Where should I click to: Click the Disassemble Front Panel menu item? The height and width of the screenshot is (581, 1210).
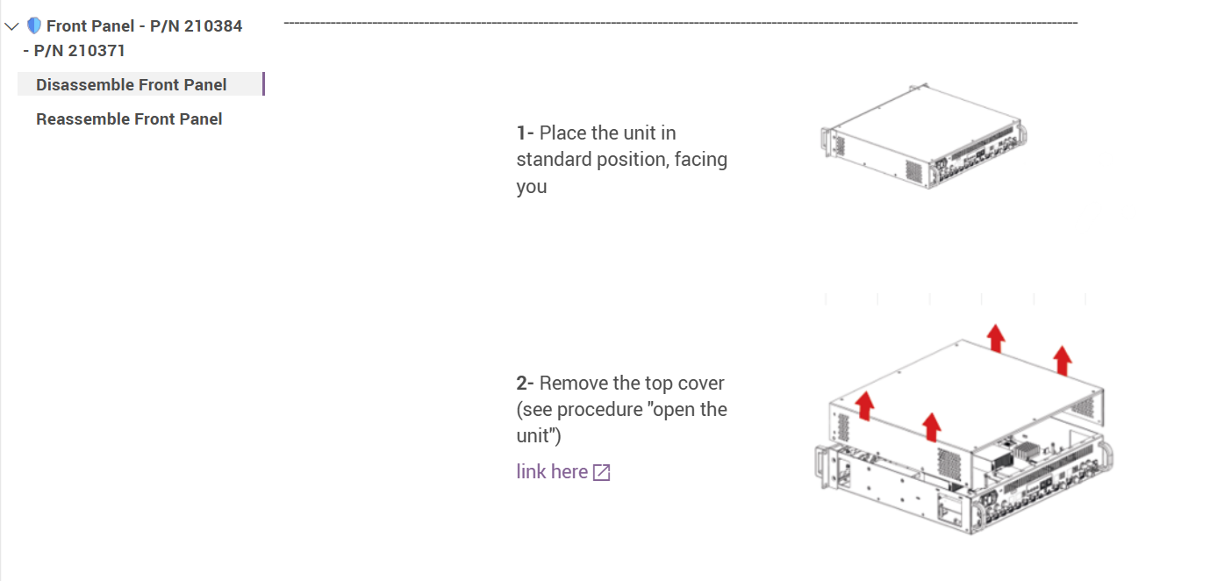(x=132, y=85)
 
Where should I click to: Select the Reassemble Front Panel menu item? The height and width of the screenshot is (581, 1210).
(x=129, y=118)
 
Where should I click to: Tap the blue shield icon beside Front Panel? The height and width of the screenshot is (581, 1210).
(x=34, y=25)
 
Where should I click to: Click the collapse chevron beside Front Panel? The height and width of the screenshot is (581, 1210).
(x=12, y=26)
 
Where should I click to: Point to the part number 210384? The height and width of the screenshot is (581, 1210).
(x=213, y=26)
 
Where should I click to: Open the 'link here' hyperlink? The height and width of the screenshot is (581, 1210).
(x=552, y=472)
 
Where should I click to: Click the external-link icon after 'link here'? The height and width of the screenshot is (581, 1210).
(x=601, y=472)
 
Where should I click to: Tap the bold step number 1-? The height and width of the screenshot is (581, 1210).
(x=525, y=133)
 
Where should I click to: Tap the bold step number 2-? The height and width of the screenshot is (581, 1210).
(x=525, y=384)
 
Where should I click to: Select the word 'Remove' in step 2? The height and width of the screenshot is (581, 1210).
(x=574, y=384)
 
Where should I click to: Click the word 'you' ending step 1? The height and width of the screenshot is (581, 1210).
(x=532, y=187)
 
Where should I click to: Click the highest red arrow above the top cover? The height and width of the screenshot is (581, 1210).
(x=996, y=338)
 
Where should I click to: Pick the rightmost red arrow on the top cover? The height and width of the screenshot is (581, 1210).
(x=1063, y=360)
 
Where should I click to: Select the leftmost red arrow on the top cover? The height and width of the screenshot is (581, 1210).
(x=865, y=405)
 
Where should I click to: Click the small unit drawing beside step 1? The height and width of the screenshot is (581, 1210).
(x=924, y=136)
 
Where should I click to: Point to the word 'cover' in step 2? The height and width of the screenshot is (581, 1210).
(x=701, y=384)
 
